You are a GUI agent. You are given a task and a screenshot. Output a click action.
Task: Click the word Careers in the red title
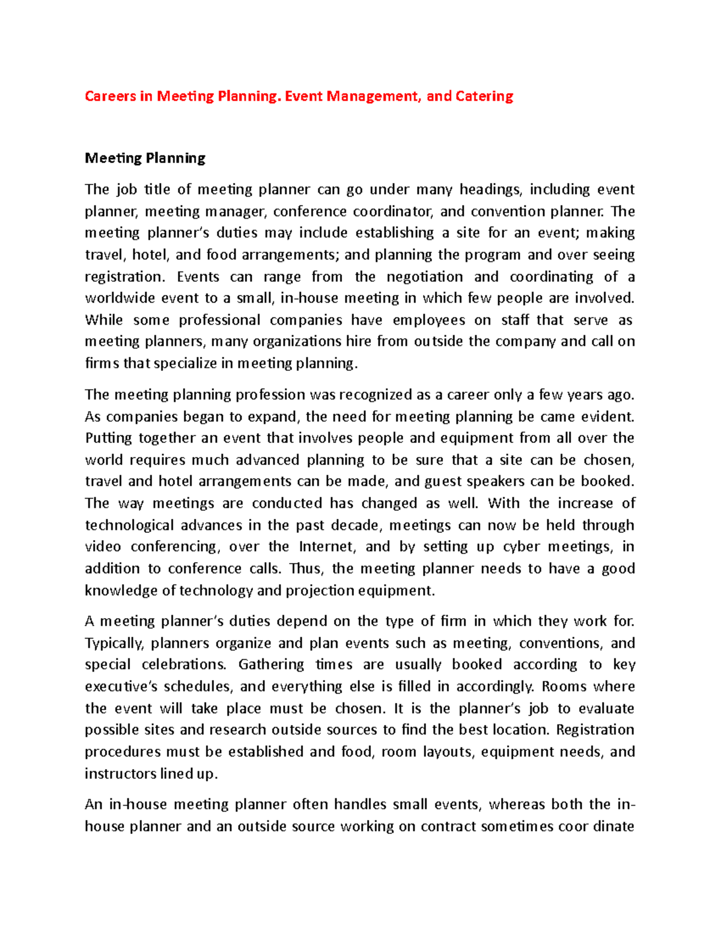(x=110, y=96)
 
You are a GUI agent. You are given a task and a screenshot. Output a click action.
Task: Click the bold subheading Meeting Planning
(x=145, y=158)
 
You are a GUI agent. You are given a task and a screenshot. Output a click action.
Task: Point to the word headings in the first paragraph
(x=491, y=190)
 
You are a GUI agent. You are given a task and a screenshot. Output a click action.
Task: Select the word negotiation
(x=425, y=277)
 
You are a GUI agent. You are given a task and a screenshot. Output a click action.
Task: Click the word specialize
(x=185, y=363)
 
